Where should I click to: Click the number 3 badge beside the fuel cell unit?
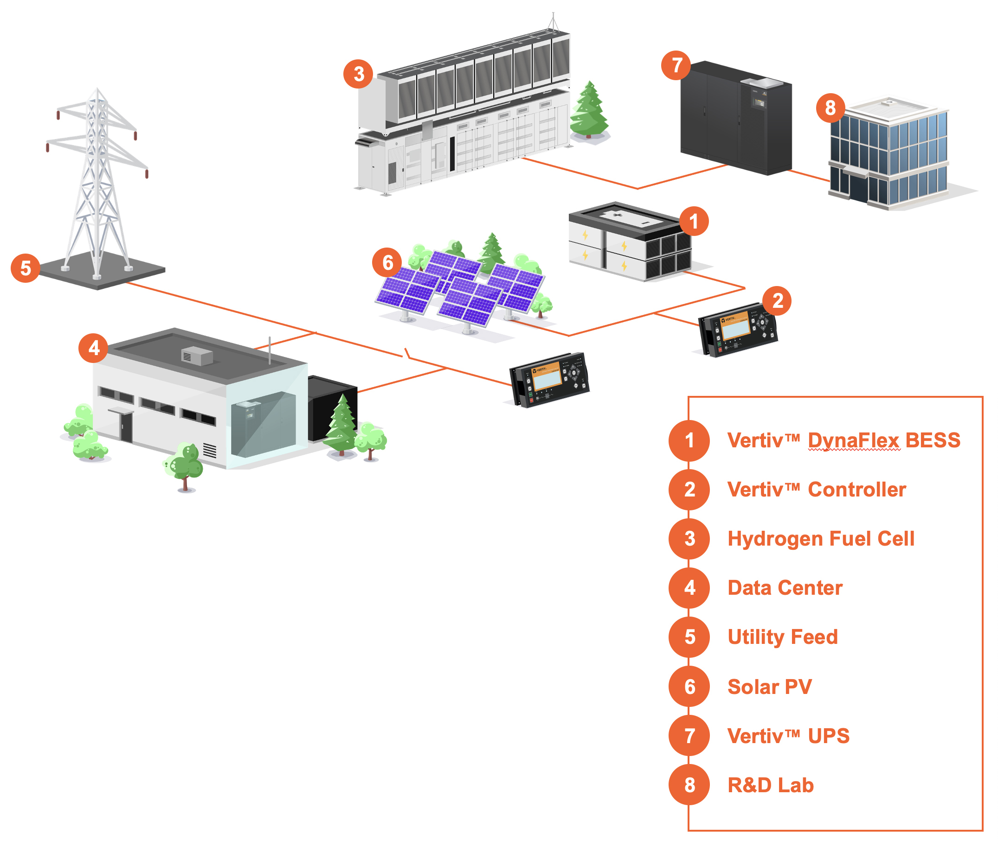pyautogui.click(x=358, y=74)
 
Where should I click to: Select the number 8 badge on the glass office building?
pyautogui.click(x=830, y=108)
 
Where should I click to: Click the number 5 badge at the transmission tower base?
pyautogui.click(x=25, y=267)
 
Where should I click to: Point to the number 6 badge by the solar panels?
pyautogui.click(x=387, y=262)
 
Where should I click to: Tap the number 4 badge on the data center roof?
pyautogui.click(x=93, y=348)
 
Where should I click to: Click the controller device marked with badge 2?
pyautogui.click(x=737, y=330)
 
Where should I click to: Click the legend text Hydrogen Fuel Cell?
pyautogui.click(x=820, y=539)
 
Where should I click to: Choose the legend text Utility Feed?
pyautogui.click(x=782, y=637)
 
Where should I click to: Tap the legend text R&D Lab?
pyautogui.click(x=770, y=785)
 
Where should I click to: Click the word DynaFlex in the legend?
pyautogui.click(x=853, y=440)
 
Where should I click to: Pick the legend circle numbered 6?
pyautogui.click(x=689, y=686)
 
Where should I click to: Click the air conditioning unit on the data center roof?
pyautogui.click(x=197, y=356)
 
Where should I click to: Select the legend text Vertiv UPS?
pyautogui.click(x=788, y=736)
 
